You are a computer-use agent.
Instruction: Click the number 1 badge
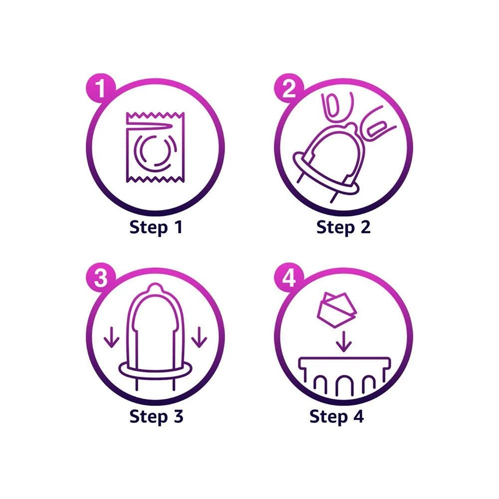101,88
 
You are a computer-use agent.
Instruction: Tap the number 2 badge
289,88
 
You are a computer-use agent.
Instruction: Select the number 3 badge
101,277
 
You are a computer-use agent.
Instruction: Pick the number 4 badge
289,277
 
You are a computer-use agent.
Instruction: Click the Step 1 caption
156,228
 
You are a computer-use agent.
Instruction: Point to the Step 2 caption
343,228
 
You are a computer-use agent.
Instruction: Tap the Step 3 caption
156,417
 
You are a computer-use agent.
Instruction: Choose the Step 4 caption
337,417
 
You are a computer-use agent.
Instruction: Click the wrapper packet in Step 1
155,147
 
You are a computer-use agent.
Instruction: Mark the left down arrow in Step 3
112,337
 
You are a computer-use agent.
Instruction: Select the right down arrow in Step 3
199,337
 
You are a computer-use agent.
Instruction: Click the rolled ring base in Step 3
156,369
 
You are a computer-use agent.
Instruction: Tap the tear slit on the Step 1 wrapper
150,127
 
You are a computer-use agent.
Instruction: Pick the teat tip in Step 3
155,288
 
